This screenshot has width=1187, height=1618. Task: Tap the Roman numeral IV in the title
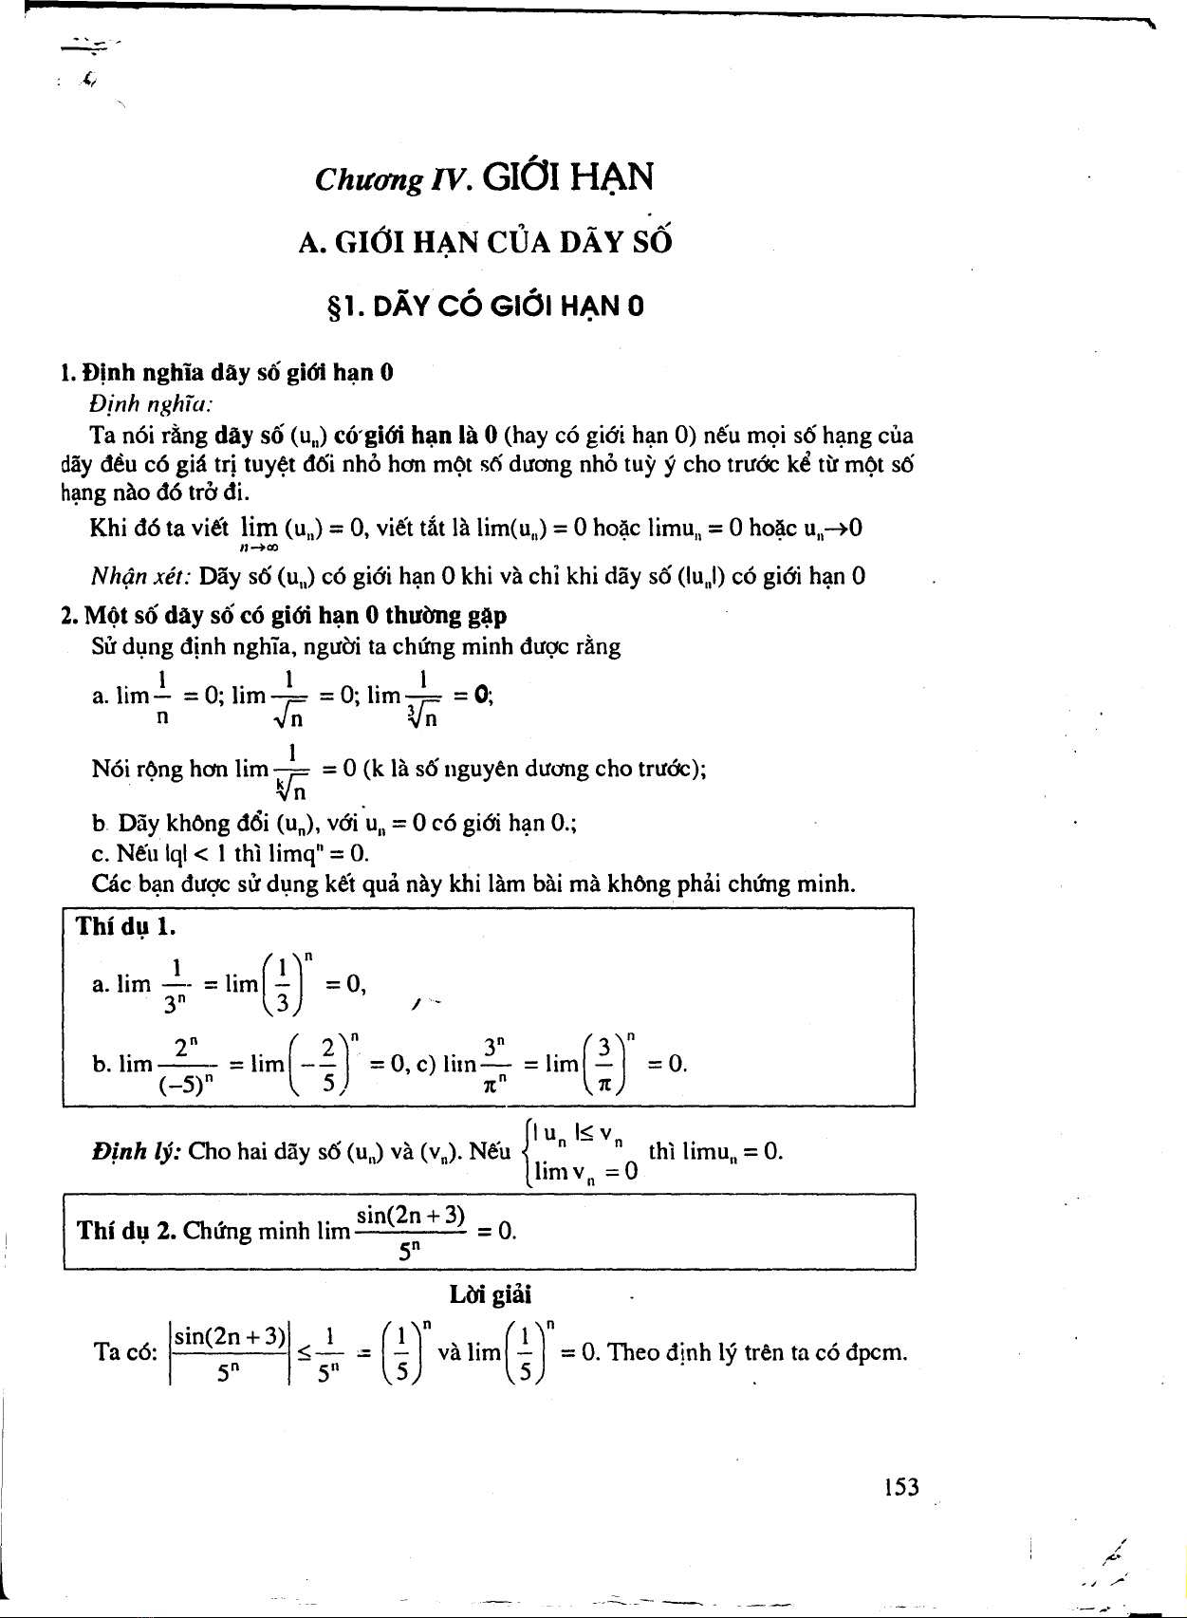point(450,178)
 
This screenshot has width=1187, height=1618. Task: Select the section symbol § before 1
point(333,307)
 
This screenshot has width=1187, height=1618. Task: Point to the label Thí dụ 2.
point(124,1231)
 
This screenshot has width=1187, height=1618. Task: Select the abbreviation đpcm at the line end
point(876,1351)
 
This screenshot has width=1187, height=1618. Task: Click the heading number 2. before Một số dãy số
point(69,615)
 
